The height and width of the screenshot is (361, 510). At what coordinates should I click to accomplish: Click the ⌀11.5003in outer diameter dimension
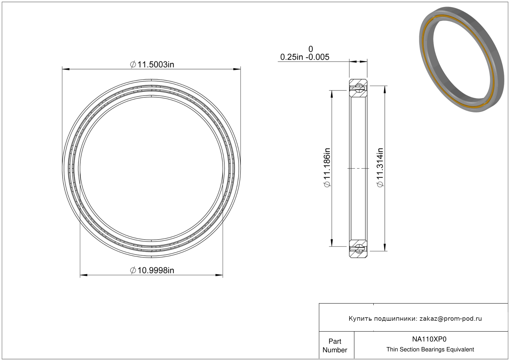coord(152,65)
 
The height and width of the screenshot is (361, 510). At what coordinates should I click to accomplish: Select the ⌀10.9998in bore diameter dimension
coord(152,270)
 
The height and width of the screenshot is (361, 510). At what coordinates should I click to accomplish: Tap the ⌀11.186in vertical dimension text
coord(327,168)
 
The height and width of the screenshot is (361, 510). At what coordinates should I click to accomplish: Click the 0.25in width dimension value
coord(292,57)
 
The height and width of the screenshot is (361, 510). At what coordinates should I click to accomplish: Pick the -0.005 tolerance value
coord(317,57)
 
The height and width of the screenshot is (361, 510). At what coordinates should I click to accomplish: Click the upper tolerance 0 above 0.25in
coord(310,49)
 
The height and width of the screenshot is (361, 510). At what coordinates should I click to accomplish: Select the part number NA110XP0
coord(429,339)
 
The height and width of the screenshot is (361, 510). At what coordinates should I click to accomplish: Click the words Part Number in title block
coord(335,346)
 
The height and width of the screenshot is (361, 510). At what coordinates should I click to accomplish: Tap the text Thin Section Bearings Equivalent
coord(430,349)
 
